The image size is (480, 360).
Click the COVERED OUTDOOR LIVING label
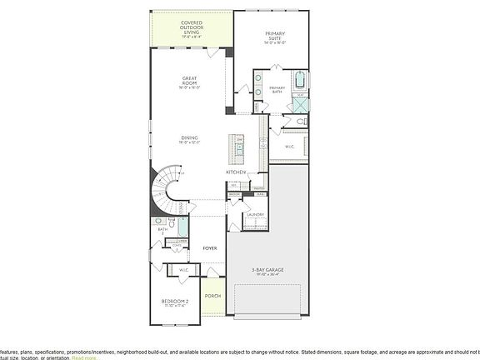click(192, 30)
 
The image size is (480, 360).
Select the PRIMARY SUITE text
click(275, 37)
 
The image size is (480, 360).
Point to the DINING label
click(189, 139)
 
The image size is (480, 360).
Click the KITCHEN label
click(236, 172)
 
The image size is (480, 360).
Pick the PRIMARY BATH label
click(277, 90)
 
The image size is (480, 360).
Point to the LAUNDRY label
click(255, 215)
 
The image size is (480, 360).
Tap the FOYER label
click(210, 248)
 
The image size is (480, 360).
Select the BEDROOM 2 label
click(175, 302)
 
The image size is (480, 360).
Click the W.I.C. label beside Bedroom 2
click(184, 270)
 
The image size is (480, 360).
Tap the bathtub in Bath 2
click(182, 227)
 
